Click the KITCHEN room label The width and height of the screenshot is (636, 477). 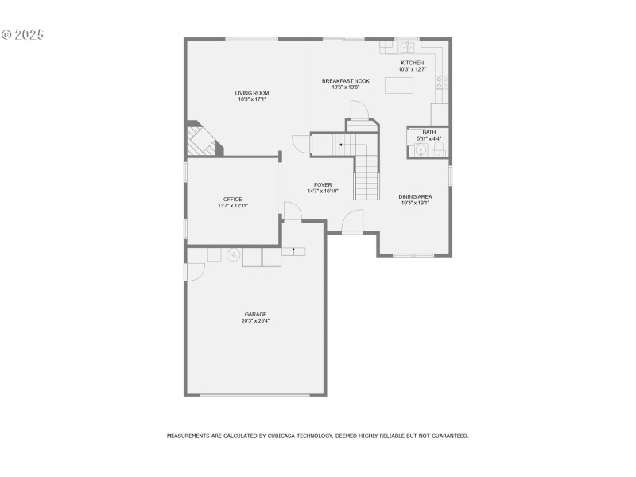tap(412, 63)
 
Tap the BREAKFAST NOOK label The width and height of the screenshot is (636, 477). tap(346, 80)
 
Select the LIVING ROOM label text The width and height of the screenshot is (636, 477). tap(251, 93)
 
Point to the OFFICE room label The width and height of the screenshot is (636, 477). tap(232, 200)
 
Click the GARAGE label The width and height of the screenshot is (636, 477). tap(255, 314)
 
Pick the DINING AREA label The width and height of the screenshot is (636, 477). tap(415, 196)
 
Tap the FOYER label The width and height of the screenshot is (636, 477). tap(323, 184)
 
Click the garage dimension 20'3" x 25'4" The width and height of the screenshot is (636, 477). tap(255, 320)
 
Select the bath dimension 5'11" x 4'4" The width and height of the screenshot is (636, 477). tap(429, 138)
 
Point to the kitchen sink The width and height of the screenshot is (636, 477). tap(407, 46)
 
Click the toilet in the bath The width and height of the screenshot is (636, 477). tap(438, 149)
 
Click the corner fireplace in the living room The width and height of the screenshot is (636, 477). tap(201, 141)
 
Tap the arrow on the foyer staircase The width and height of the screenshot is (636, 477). tap(340, 145)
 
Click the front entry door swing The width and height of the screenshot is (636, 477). tap(352, 222)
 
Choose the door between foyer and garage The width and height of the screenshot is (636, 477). tap(292, 212)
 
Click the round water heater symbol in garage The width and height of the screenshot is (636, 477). tap(233, 255)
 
